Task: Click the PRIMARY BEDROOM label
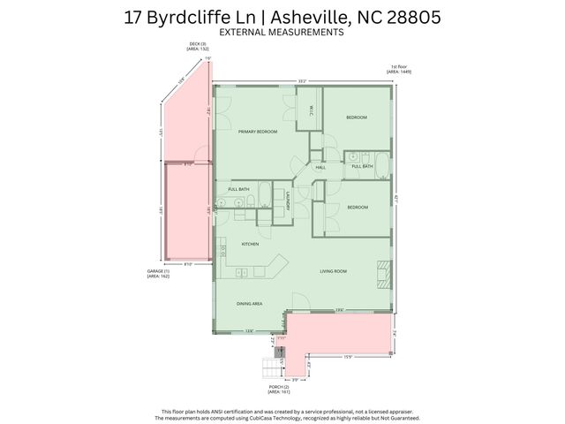[258, 132]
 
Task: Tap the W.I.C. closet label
[313, 110]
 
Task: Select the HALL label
[320, 166]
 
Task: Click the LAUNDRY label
[288, 201]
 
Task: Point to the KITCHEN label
[250, 244]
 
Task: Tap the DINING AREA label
[249, 303]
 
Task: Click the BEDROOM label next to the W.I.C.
[357, 117]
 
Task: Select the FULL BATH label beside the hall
[362, 166]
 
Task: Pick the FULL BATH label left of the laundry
[238, 189]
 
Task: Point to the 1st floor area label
[400, 69]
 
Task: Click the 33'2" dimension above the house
[302, 81]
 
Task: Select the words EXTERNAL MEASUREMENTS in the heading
[281, 32]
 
